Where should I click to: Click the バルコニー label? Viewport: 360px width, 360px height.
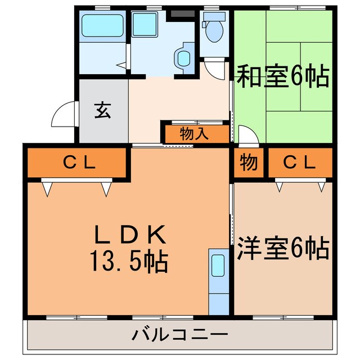(x=180, y=335)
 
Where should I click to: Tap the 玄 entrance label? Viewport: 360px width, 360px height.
(x=102, y=110)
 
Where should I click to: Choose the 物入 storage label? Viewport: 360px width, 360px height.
(x=195, y=134)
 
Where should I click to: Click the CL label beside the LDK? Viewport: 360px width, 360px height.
(x=79, y=164)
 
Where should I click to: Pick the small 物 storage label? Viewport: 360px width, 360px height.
(x=249, y=163)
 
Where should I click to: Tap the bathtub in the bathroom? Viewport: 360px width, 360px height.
(x=102, y=26)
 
